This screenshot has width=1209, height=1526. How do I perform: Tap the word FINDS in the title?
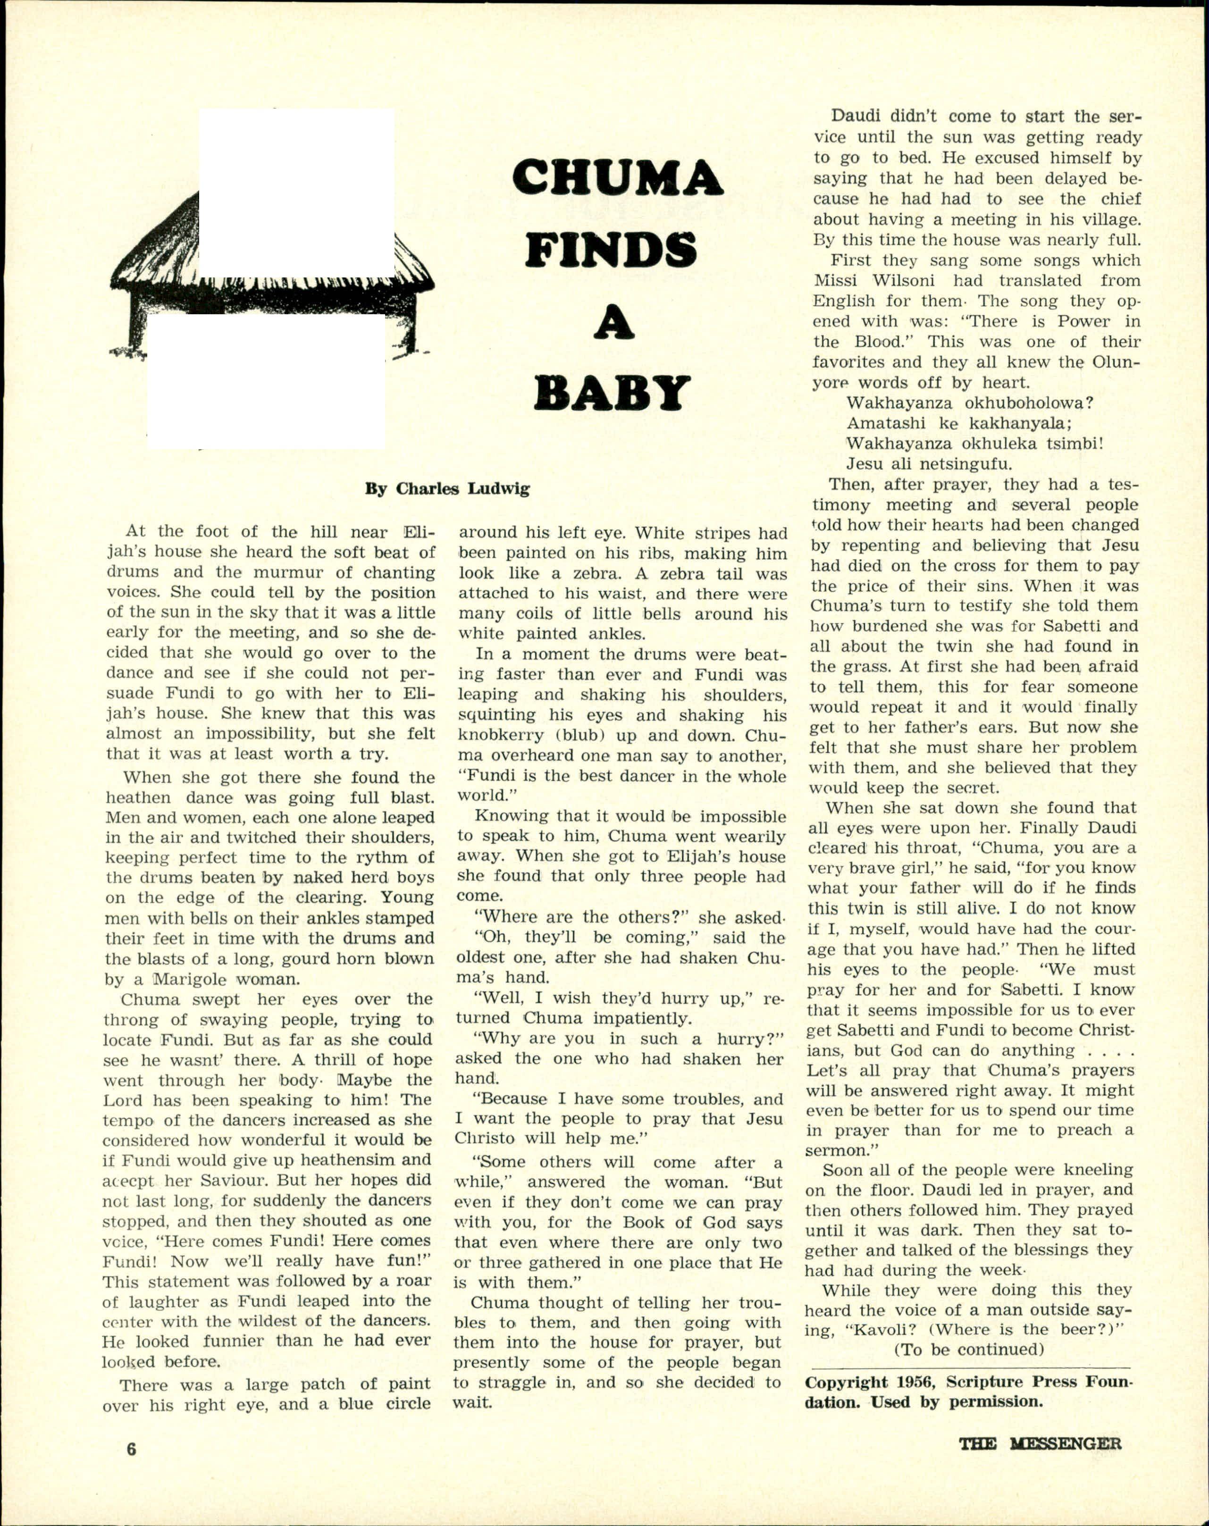tap(610, 251)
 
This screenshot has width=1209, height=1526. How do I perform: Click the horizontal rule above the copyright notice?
tap(970, 1367)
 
